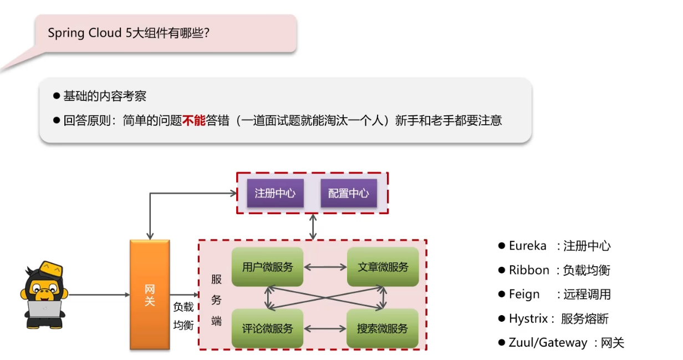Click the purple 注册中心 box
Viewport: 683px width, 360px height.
tap(275, 193)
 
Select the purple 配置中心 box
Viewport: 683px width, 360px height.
tap(348, 193)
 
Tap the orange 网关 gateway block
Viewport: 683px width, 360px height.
tap(150, 295)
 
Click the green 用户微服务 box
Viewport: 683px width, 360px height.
tap(268, 267)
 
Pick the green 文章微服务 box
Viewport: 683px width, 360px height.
tap(383, 267)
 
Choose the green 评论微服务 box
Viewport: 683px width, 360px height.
tap(268, 328)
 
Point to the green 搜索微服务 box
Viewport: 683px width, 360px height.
tap(383, 328)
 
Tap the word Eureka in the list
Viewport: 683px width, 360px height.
tap(527, 246)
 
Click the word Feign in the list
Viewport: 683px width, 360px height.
tap(524, 294)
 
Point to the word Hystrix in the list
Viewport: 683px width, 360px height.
tap(528, 318)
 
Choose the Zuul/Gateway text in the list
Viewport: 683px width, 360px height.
tap(548, 343)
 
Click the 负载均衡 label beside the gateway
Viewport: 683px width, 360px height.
tap(184, 316)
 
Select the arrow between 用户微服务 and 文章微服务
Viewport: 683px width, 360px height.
tap(325, 267)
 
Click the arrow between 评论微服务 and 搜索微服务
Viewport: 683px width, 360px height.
tap(325, 328)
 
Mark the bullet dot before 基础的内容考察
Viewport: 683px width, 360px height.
tap(56, 96)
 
